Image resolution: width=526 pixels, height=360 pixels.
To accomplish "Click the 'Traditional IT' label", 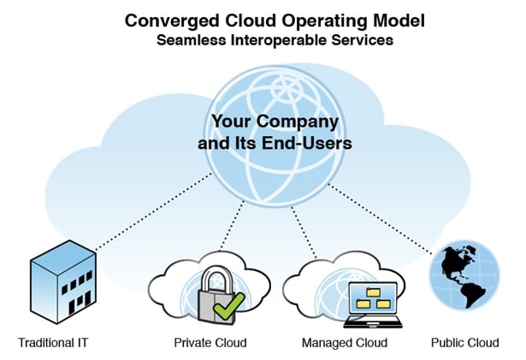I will pyautogui.click(x=53, y=343).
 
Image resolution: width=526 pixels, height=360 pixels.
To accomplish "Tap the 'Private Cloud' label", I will pyautogui.click(x=211, y=343).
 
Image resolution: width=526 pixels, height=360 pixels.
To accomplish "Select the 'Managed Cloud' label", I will pyautogui.click(x=345, y=343).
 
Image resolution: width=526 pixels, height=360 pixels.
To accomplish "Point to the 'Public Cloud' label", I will pyautogui.click(x=464, y=343).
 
